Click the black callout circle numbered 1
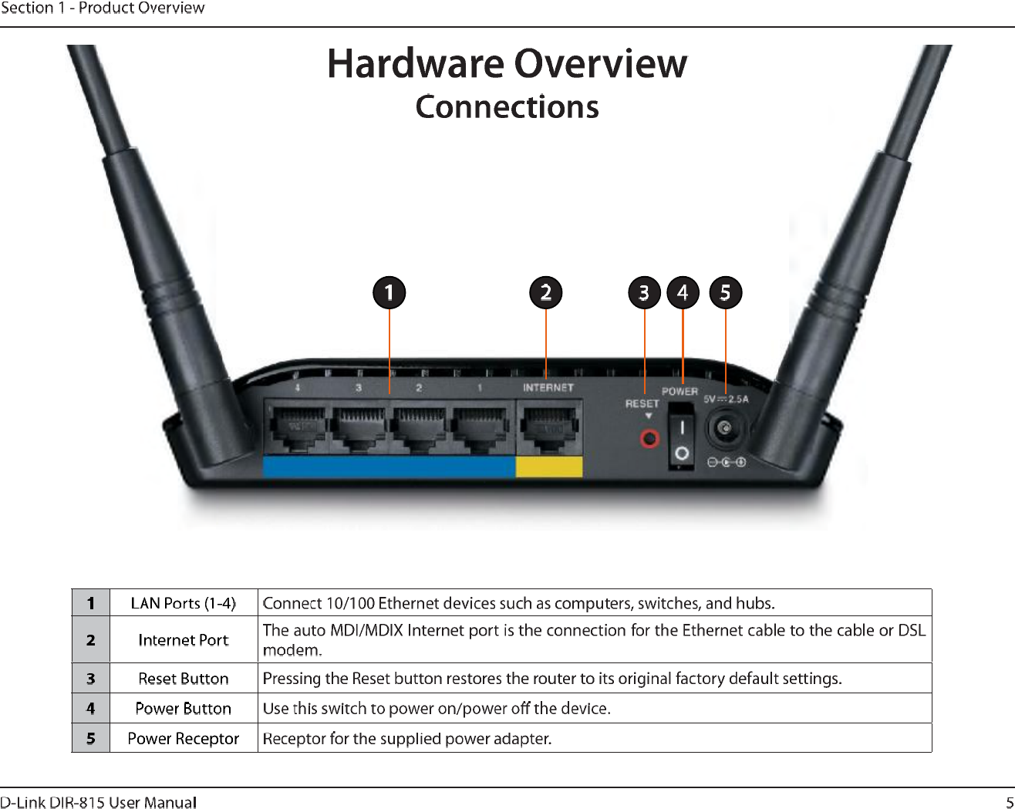tap(389, 293)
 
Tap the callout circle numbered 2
tap(546, 293)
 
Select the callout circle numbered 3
tap(644, 293)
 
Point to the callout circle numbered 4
tap(683, 293)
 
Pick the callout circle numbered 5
tap(725, 293)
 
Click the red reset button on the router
tap(650, 439)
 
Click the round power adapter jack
tap(724, 429)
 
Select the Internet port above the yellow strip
tap(548, 429)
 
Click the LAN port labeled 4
tap(298, 429)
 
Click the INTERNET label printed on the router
tap(548, 388)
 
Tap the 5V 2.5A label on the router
tap(725, 399)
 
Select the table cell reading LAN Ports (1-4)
tap(183, 603)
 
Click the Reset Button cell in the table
tap(183, 679)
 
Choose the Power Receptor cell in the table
tap(183, 739)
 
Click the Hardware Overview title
tap(507, 63)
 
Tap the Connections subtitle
tap(507, 107)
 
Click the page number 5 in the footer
tap(1009, 802)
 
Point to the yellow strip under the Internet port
tap(548, 467)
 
